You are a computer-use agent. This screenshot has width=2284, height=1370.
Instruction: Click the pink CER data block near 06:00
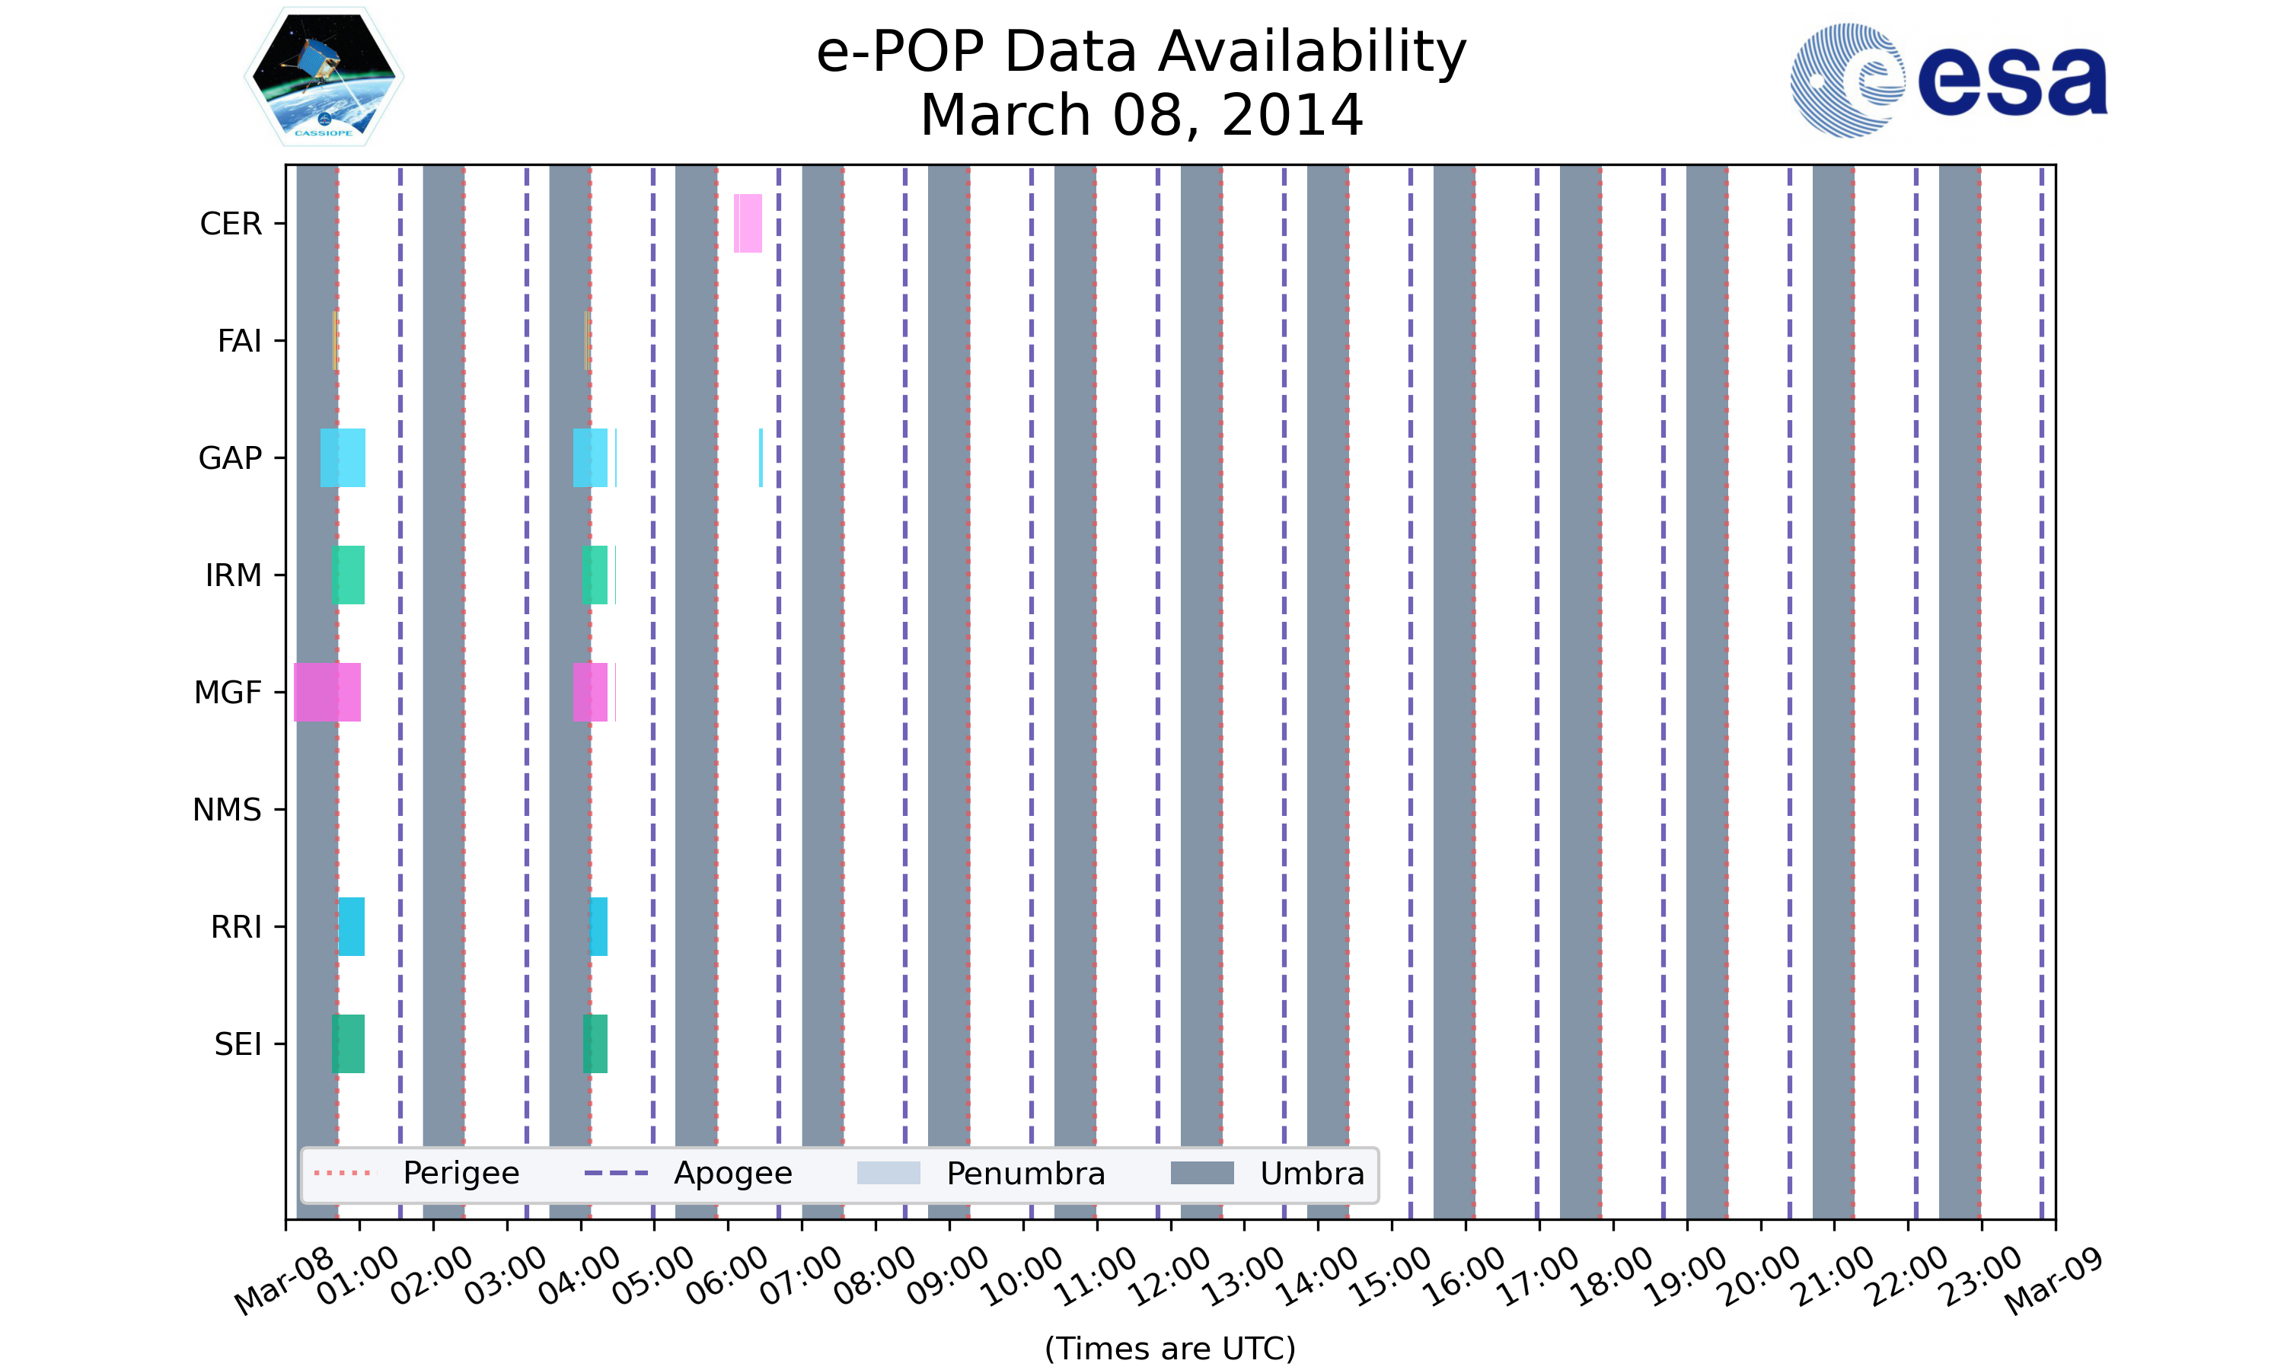[748, 224]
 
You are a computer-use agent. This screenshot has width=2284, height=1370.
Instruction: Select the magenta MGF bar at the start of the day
[326, 693]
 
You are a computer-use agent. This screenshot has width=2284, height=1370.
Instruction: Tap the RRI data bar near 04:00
[598, 926]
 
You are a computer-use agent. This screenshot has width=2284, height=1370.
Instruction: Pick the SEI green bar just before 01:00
[348, 1043]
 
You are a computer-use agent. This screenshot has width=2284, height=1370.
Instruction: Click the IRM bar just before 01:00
[348, 575]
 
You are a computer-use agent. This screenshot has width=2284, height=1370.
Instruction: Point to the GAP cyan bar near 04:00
[590, 458]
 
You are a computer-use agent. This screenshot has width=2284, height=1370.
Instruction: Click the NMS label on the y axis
[227, 810]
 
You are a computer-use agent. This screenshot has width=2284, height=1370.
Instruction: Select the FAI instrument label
[239, 341]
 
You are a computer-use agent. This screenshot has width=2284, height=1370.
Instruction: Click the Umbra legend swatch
[1201, 1174]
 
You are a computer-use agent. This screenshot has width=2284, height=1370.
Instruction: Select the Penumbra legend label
[1025, 1174]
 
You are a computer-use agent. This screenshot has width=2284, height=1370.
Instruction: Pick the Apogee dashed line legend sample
[616, 1174]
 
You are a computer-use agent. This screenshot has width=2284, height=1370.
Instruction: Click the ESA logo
[1948, 81]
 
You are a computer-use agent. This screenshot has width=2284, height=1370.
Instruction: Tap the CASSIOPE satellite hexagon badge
[324, 77]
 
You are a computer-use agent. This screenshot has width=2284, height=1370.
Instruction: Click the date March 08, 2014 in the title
[1141, 116]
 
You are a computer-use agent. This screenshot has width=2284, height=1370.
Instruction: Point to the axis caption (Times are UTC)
[1169, 1348]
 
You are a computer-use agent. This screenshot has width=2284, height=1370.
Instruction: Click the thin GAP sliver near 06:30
[761, 458]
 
